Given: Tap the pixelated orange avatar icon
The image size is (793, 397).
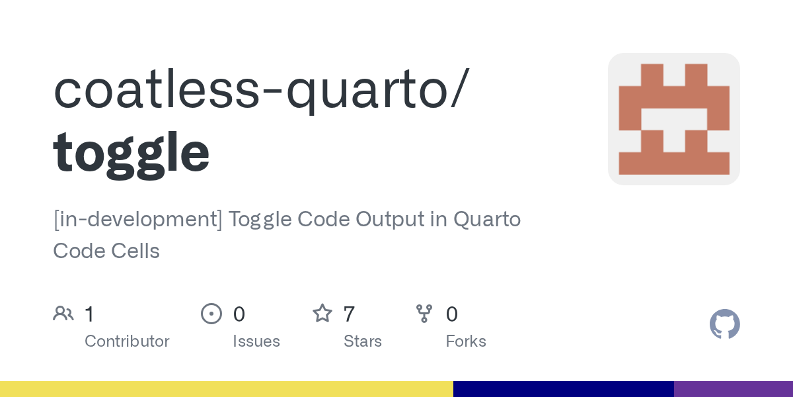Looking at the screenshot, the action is coord(673,119).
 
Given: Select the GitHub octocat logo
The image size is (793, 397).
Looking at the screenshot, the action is coord(725,324).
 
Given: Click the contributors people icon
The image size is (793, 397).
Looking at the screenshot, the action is coord(63,314).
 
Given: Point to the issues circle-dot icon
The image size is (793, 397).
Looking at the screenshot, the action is coord(211,314).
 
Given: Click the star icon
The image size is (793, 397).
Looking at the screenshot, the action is coord(322,314).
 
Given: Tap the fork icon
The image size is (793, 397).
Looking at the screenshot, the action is coord(424,314).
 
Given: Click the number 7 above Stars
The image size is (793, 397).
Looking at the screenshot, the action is coord(349,314).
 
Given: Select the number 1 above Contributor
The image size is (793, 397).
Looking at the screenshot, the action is coord(89,314).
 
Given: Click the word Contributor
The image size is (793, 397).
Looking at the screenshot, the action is coord(127,341).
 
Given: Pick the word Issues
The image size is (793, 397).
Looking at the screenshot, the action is coord(256,341).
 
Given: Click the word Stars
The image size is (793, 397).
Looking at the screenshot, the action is coord(363,341).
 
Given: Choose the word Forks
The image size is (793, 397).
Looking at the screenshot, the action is coord(466,341).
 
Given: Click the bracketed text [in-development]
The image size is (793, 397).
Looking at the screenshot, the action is coord(137,220).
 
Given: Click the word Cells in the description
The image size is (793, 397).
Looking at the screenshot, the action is coord(135,251).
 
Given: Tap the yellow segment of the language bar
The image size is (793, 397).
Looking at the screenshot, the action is coord(227,389).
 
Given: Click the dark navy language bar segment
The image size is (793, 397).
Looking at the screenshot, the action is coord(564,389).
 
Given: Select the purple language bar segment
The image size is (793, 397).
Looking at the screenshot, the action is coord(734,389).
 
